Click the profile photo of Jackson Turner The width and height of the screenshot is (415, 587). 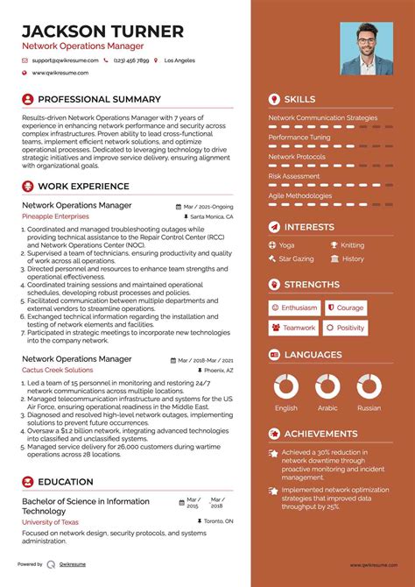pyautogui.click(x=366, y=48)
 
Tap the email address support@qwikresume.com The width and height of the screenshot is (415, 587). pyautogui.click(x=63, y=61)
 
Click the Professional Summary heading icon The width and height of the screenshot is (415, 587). pyautogui.click(x=27, y=100)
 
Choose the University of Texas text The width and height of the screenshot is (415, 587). pyautogui.click(x=51, y=521)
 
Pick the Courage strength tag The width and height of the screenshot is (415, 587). pyautogui.click(x=346, y=308)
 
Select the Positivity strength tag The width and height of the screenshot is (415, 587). pyautogui.click(x=346, y=328)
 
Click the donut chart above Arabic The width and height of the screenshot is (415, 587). pyautogui.click(x=327, y=386)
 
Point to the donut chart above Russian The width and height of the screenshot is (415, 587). pyautogui.click(x=369, y=386)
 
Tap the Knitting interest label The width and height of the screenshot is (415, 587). pyautogui.click(x=352, y=245)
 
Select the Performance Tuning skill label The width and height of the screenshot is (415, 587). pyautogui.click(x=299, y=138)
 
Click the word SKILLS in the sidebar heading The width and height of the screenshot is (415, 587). pyautogui.click(x=300, y=100)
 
